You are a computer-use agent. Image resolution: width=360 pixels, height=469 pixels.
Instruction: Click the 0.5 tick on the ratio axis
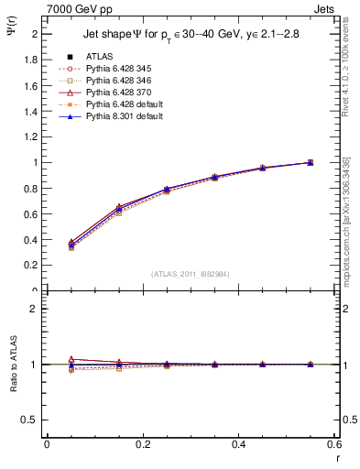click(33, 420)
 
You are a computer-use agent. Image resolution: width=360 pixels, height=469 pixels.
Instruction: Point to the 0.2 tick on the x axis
click(142, 444)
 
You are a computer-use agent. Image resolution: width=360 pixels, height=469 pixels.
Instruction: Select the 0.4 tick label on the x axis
click(238, 444)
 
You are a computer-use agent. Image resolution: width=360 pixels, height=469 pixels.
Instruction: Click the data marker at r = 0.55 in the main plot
click(310, 162)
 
